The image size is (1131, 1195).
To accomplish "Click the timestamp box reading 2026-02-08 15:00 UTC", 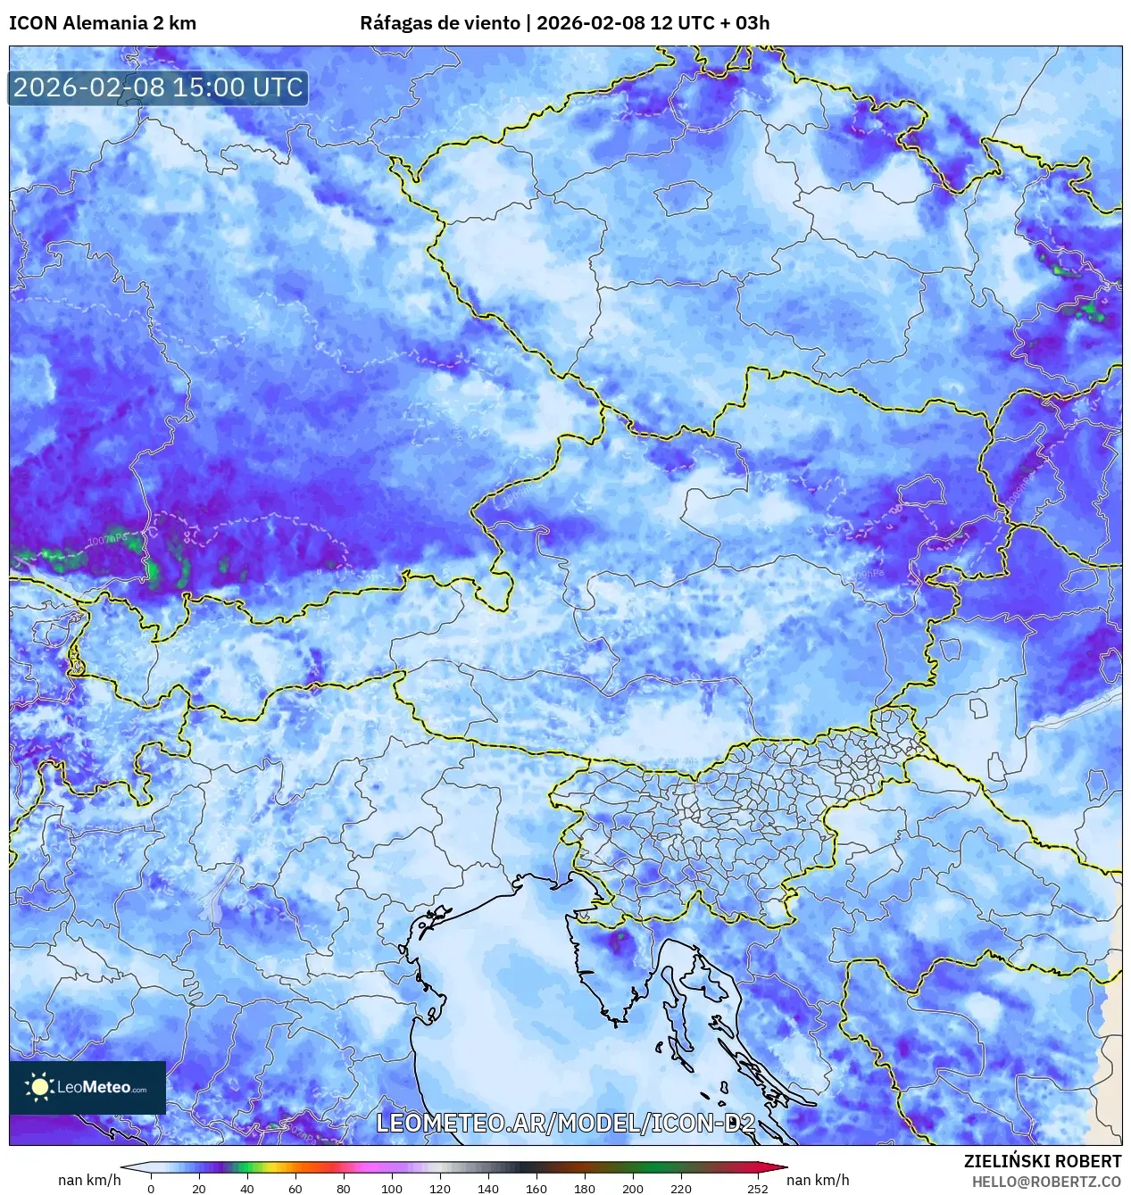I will coord(158,87).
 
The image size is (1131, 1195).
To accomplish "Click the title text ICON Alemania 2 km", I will coord(103,23).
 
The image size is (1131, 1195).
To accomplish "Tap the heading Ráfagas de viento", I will coord(439,23).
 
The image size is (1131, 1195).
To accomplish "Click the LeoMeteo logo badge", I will coord(87,1087).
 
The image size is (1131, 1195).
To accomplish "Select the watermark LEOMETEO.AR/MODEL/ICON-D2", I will coord(565,1124).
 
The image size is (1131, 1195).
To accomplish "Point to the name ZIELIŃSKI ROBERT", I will coord(1042,1161).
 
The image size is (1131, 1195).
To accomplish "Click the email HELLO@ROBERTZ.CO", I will coord(1046,1182).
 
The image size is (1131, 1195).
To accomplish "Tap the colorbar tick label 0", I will coord(151,1188).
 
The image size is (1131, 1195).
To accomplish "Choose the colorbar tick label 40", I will coord(247,1188).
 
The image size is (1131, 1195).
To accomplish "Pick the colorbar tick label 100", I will coord(392,1188).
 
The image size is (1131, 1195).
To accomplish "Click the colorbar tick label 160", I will coord(536,1188).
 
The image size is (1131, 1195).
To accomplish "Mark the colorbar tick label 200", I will coord(633,1188).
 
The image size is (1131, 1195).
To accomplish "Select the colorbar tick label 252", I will coord(758,1188).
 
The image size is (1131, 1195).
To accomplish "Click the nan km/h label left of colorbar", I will coord(89,1180).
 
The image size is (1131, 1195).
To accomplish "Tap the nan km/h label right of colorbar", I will coord(818,1180).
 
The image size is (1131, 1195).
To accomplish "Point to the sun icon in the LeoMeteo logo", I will coord(39,1087).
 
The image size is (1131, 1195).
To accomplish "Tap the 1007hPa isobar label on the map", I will coord(107,540).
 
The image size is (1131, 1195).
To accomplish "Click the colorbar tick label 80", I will coord(344,1188).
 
